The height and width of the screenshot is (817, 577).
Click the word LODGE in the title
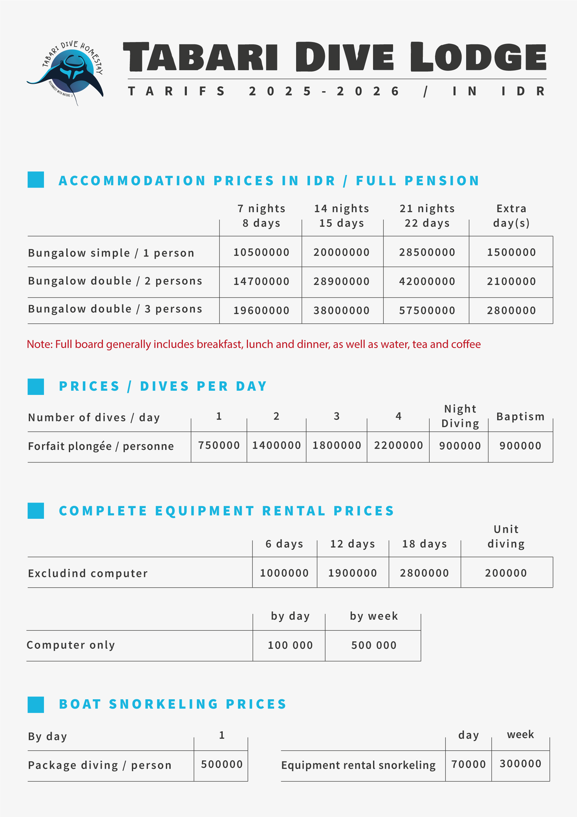(478, 57)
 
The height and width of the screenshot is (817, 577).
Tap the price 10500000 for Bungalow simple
(261, 252)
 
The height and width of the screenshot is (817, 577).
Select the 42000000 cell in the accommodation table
(427, 281)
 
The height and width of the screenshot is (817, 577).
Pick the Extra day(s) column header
(511, 216)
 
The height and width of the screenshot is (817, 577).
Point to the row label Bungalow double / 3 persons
(115, 309)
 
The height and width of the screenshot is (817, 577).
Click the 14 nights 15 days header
(341, 216)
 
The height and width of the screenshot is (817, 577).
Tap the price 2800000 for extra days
(511, 310)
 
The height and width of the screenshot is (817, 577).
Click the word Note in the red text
(39, 344)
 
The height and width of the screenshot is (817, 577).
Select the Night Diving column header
(460, 416)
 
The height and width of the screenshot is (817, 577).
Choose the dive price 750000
(219, 445)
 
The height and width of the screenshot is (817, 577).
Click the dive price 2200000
(399, 445)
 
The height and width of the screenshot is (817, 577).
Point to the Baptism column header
(520, 416)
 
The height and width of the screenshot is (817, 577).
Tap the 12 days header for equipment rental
(353, 544)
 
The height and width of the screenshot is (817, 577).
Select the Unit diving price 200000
(506, 573)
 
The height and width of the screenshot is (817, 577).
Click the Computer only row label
(71, 645)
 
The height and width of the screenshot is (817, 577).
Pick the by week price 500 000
(374, 645)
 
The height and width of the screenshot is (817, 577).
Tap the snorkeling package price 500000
(222, 764)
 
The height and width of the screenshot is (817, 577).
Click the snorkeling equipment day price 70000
(468, 764)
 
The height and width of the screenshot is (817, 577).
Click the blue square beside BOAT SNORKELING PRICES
(36, 704)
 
